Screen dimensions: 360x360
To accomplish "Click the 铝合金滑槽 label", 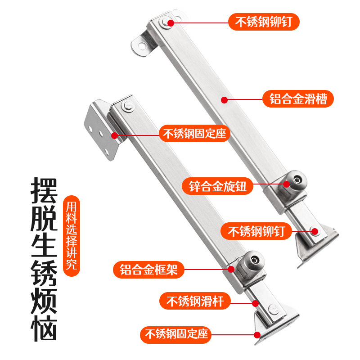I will (x=298, y=98).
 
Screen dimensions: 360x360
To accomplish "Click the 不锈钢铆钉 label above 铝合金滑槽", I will (x=264, y=21).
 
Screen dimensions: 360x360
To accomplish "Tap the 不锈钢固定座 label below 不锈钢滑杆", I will (x=175, y=334).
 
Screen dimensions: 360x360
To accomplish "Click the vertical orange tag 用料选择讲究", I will (x=72, y=236).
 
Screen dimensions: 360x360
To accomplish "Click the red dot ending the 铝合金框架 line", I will (x=231, y=270).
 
